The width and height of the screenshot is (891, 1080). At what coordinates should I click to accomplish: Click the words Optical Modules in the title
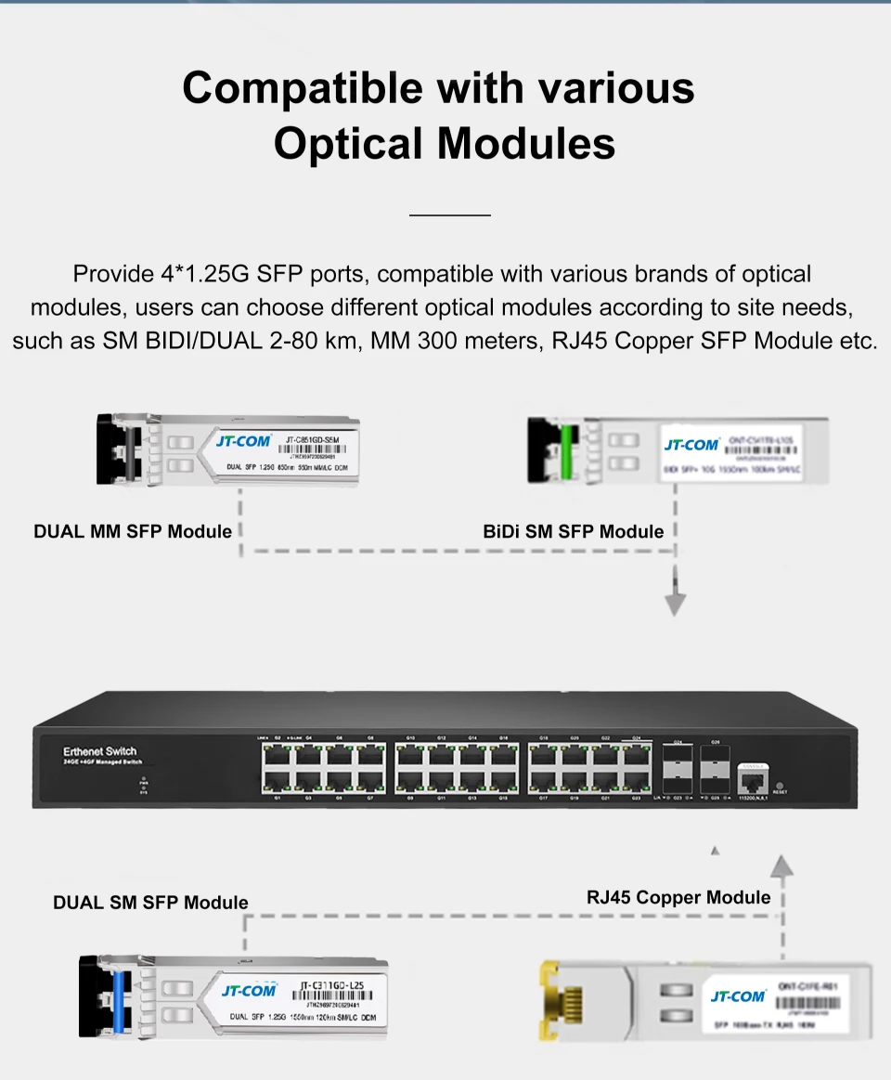coord(445,144)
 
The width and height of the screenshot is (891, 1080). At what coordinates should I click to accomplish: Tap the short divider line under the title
coord(449,215)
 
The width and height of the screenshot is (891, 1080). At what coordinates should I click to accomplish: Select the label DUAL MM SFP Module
coord(133,532)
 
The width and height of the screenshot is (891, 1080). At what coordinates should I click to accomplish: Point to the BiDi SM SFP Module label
coord(574,532)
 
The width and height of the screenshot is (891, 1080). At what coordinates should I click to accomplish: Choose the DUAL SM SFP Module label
coord(150,903)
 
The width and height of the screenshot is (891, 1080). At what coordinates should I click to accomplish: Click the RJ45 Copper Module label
coord(678,897)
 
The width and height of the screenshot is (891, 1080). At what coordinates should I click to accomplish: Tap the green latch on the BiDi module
coord(565,449)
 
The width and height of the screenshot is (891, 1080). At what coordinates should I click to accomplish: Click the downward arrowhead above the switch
coord(676,605)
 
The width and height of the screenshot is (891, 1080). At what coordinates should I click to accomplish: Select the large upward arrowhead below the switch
coord(783,866)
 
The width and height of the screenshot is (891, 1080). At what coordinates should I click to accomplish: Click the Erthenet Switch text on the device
coord(100,750)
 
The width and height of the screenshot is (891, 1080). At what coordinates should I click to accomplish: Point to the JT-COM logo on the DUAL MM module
coord(243,440)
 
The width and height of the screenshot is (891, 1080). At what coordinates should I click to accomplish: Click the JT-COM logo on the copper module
coord(738,996)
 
